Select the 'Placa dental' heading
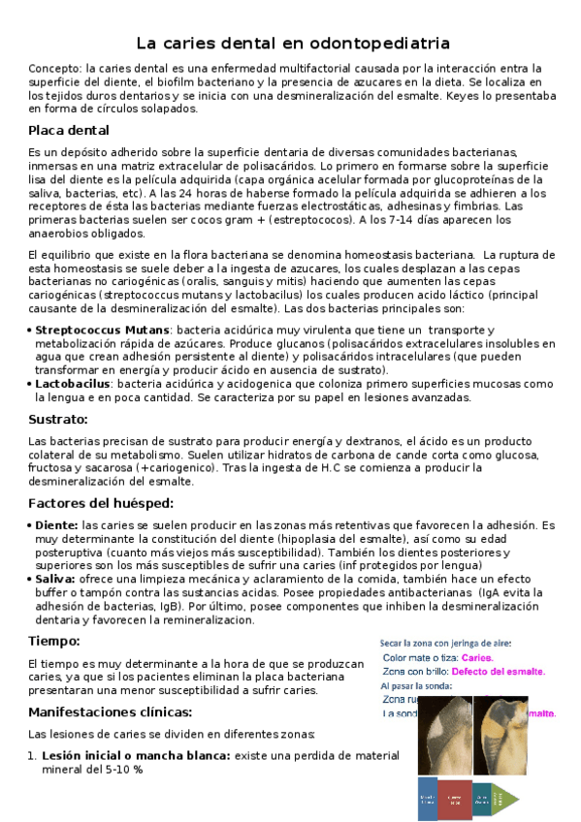(x=69, y=130)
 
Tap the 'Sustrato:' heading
(x=58, y=419)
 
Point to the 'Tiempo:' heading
(x=54, y=641)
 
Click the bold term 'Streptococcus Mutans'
(x=88, y=331)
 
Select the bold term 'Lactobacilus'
(x=73, y=384)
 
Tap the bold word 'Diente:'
(x=55, y=524)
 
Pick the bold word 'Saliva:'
(x=55, y=579)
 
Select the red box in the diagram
(x=452, y=799)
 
